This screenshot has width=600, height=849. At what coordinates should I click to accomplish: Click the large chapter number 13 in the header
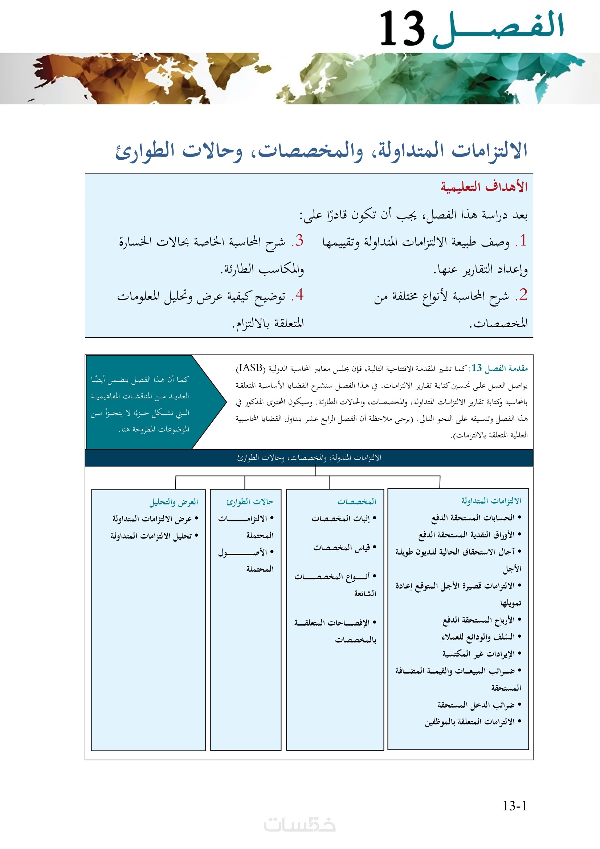pyautogui.click(x=402, y=28)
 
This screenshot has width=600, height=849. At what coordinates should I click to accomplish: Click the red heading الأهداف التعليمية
pyautogui.click(x=484, y=187)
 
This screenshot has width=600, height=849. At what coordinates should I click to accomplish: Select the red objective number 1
pyautogui.click(x=522, y=241)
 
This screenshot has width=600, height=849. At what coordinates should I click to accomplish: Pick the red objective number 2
pyautogui.click(x=522, y=295)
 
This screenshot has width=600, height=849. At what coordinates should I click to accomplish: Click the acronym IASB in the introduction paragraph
pyautogui.click(x=251, y=368)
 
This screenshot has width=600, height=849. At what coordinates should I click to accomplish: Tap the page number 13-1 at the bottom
pyautogui.click(x=515, y=805)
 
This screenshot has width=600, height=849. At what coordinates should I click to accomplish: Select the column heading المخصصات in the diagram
pyautogui.click(x=356, y=501)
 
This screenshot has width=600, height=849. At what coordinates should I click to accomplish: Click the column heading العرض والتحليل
pyautogui.click(x=174, y=502)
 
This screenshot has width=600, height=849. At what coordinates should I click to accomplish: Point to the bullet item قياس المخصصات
pyautogui.click(x=342, y=548)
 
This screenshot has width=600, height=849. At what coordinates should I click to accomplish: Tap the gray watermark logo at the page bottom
pyautogui.click(x=299, y=825)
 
